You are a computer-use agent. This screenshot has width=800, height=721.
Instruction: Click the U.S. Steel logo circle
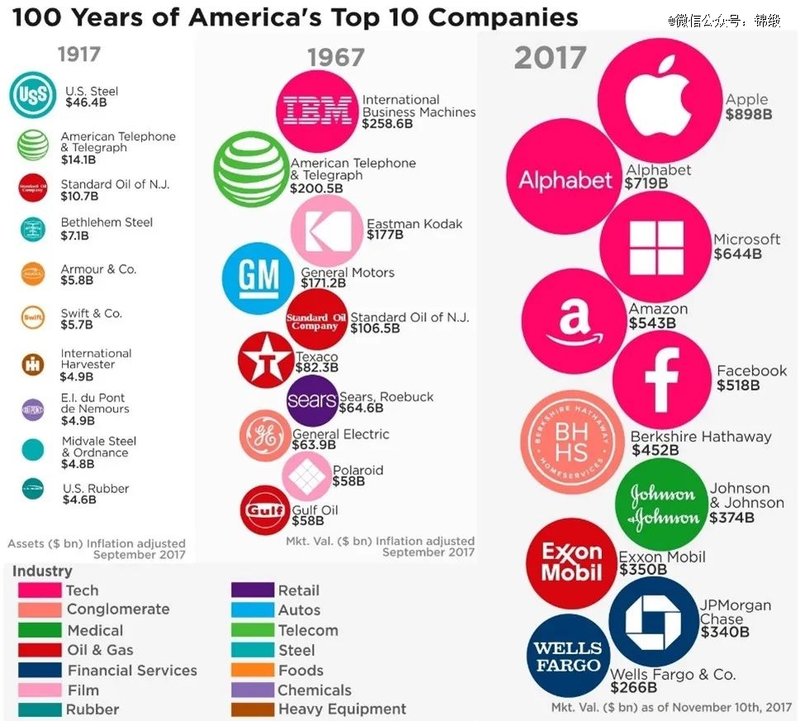33,97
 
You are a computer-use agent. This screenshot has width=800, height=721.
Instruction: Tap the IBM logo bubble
318,111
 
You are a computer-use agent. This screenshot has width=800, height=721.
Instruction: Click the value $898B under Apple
749,115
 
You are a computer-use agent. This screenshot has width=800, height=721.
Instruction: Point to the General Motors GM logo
258,278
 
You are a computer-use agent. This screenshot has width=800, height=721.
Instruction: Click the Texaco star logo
266,359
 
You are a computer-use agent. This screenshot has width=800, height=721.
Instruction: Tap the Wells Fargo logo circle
567,656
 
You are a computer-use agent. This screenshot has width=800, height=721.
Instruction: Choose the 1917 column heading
78,55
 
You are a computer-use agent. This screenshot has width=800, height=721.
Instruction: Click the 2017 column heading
550,58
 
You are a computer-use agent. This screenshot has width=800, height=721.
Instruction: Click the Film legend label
83,690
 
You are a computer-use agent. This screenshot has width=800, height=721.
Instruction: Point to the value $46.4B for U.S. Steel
86,103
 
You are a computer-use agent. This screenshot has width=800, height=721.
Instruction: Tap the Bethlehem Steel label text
107,223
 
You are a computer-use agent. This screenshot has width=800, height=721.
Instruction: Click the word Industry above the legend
42,572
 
